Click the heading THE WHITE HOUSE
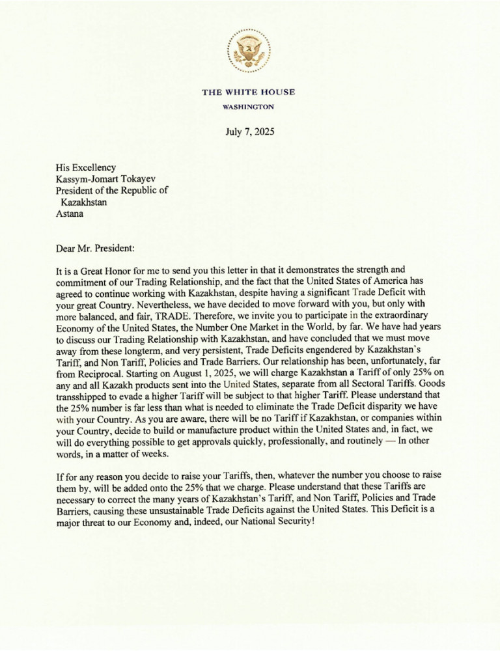(249, 92)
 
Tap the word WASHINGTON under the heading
(249, 106)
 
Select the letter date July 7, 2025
(249, 132)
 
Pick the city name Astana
(70, 213)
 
